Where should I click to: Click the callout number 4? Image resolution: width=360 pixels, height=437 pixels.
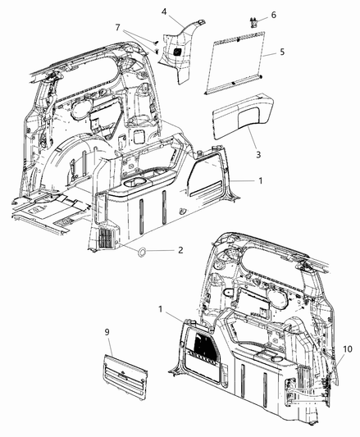[x=164, y=11]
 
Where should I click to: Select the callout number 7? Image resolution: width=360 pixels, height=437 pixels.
[x=121, y=28]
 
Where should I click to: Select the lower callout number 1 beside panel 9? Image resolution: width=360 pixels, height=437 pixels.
[x=162, y=308]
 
